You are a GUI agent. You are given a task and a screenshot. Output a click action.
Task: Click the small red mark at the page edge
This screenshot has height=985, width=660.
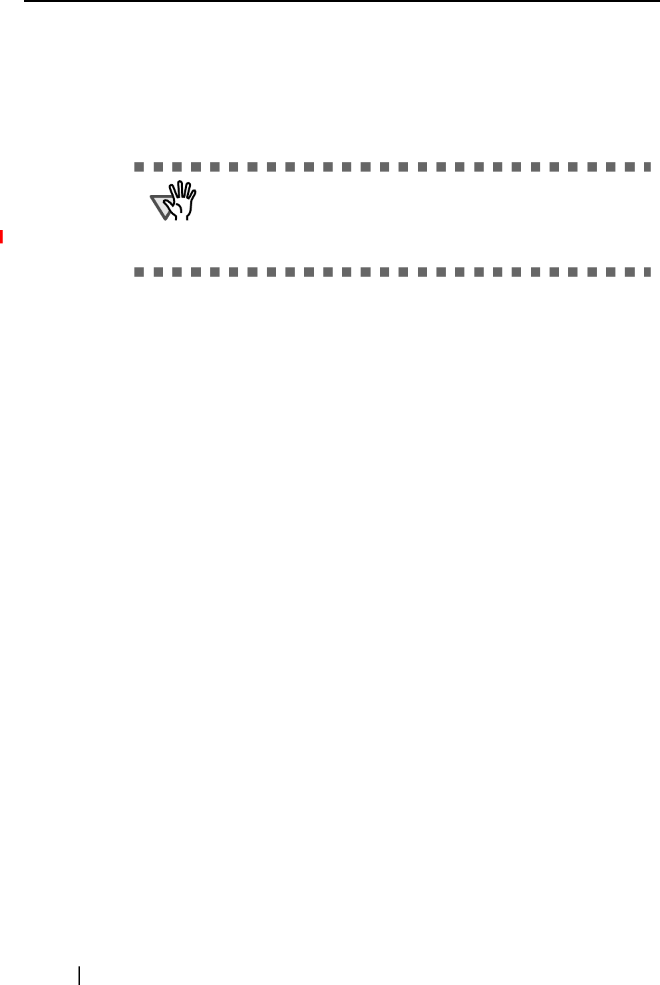click(x=1, y=237)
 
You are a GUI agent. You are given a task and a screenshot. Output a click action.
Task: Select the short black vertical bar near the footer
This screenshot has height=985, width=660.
click(x=79, y=975)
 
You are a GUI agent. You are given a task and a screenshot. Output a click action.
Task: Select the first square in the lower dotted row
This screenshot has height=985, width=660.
click(x=137, y=272)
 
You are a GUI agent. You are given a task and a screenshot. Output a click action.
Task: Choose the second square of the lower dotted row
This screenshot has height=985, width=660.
click(x=156, y=272)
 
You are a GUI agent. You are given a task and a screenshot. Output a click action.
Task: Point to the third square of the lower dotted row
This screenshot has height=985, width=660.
click(x=175, y=272)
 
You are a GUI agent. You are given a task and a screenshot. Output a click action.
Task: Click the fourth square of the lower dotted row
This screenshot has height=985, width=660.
click(x=194, y=272)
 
